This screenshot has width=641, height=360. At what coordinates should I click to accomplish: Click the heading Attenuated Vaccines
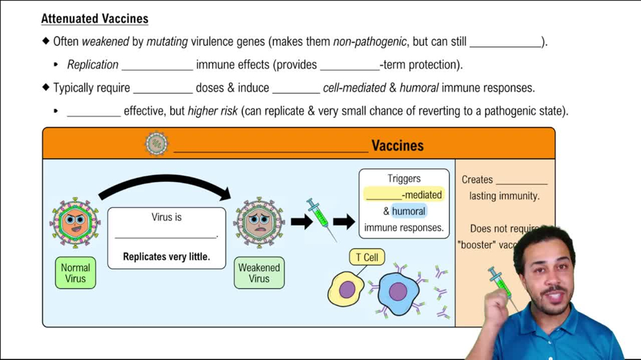(94, 19)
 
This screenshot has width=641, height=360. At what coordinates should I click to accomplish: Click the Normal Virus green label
(75, 273)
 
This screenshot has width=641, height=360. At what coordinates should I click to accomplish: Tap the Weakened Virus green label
(259, 273)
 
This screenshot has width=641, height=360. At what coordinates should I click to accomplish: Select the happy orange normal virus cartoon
(75, 222)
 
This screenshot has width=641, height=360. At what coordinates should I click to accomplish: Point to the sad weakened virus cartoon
(259, 222)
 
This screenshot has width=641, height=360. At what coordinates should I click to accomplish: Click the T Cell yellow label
(367, 258)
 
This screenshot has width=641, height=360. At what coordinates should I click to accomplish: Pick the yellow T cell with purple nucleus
(346, 289)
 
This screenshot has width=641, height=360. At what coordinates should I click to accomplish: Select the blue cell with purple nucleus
(397, 293)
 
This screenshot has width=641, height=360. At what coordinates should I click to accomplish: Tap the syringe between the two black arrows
(321, 218)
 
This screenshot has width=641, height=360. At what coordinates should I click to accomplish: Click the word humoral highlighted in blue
(408, 211)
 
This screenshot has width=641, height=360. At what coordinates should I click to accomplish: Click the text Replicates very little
(166, 257)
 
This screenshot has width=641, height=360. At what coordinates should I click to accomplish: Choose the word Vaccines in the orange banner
(397, 146)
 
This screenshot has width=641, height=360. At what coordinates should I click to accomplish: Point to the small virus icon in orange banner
(156, 143)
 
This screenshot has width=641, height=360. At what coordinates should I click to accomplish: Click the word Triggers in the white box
(404, 179)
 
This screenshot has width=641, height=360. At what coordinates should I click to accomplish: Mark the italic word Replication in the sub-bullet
(92, 65)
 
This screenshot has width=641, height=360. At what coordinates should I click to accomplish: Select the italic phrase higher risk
(212, 111)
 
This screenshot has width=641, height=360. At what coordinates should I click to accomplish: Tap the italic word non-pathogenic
(369, 42)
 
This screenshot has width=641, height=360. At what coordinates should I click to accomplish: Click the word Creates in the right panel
(477, 180)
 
